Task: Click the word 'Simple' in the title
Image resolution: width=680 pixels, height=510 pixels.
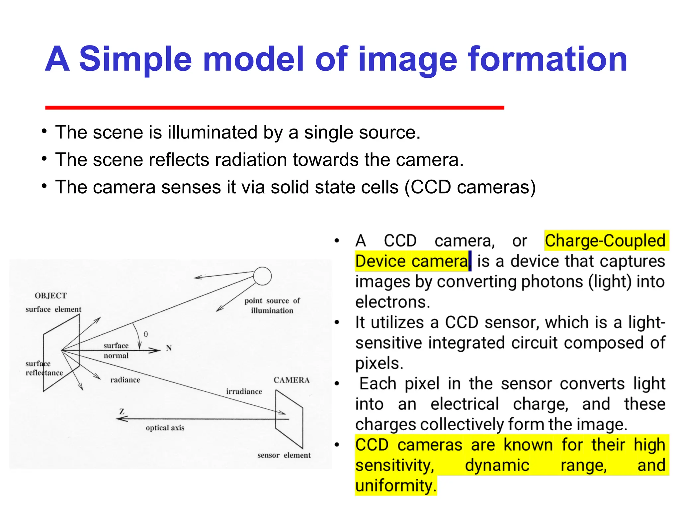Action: pos(135,59)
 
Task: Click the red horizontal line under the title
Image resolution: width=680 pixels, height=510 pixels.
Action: pos(275,107)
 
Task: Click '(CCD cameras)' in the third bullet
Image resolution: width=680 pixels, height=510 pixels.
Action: pos(470,187)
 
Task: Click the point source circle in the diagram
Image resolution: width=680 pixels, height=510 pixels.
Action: pos(262,276)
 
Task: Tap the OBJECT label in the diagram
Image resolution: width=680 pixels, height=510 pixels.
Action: pos(51,296)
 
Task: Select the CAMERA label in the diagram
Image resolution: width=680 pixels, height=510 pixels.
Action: pos(291,380)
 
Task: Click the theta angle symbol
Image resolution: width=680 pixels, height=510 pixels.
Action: pos(146,334)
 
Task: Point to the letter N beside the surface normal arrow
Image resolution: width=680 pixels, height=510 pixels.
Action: pos(169,348)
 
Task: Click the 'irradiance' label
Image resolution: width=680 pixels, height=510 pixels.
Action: pos(244,392)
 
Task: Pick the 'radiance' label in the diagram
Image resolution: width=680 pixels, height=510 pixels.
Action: pos(125,380)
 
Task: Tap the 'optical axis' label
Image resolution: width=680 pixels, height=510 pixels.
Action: pos(165,428)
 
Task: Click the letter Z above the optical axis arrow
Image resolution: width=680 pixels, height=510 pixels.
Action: pos(122,412)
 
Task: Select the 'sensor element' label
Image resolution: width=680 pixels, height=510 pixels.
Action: pos(284,455)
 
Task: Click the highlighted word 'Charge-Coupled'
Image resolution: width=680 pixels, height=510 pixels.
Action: pos(605,241)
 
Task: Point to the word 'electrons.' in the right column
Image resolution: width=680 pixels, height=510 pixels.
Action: pos(392,302)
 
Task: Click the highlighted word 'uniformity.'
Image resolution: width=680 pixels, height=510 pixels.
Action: pos(395,486)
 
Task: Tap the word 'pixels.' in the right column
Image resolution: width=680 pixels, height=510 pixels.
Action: pos(379,363)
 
